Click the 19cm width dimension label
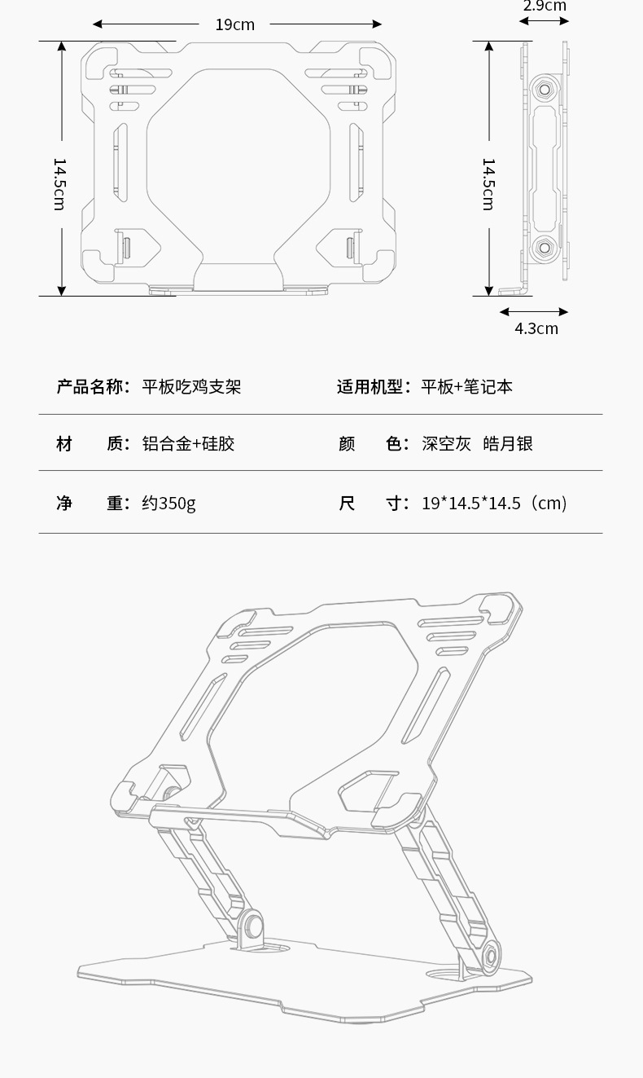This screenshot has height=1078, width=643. pos(234,24)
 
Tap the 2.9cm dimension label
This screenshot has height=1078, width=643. pos(545,7)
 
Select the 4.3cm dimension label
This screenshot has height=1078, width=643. pos(536,328)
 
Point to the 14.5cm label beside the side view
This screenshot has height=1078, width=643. pos(488,183)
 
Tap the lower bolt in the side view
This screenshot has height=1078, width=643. pos(543,246)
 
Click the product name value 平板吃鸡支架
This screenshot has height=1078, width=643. pos(191,387)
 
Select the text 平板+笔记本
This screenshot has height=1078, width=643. pos(466,387)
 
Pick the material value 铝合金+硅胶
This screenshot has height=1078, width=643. pos(188,444)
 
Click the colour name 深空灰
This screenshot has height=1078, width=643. pos(446,444)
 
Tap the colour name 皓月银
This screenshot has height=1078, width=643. pos(508,444)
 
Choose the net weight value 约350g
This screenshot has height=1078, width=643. pos(168,503)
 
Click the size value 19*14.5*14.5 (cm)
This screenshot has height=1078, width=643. pos(494,503)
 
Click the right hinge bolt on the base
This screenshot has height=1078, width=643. pos(492,955)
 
